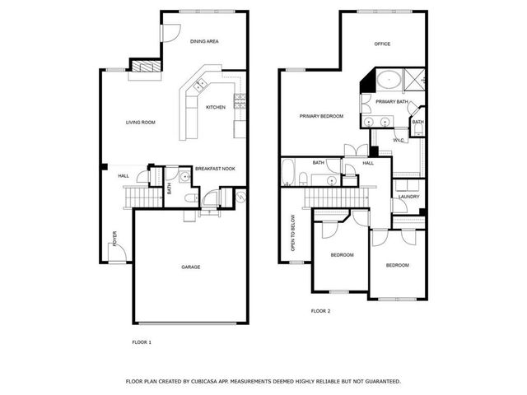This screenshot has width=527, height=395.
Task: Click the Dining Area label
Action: tap(203, 41)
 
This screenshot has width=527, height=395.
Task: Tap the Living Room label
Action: tap(141, 123)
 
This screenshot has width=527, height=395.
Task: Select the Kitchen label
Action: tap(216, 108)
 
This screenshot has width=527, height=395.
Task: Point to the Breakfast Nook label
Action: tap(215, 169)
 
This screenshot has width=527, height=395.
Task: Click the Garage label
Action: tap(191, 267)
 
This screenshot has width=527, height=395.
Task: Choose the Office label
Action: tap(382, 44)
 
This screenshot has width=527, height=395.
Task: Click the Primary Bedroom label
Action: tap(321, 117)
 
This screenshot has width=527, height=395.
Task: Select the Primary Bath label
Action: tap(392, 101)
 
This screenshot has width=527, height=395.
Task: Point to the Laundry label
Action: tap(408, 197)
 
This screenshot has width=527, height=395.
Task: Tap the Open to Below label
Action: tap(292, 234)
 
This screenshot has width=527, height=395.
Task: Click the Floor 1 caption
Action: tap(142, 342)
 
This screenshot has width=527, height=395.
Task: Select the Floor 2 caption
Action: tap(320, 311)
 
